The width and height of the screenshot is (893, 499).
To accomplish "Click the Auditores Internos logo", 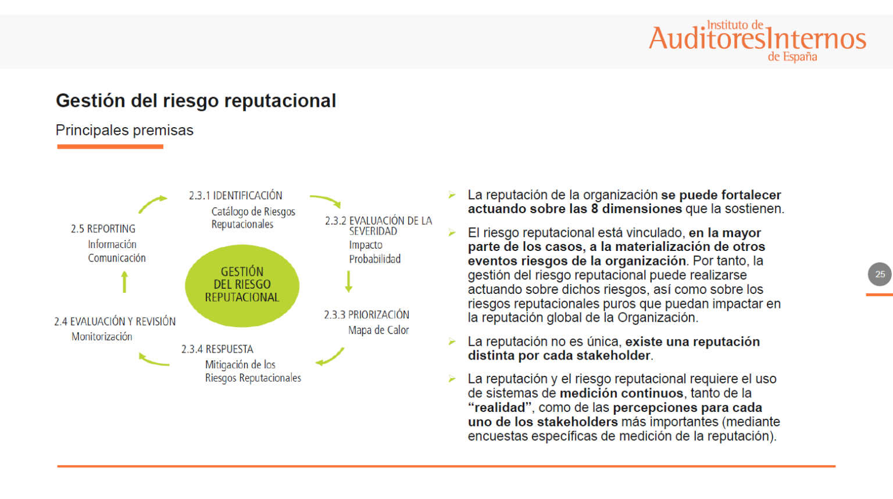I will click(x=757, y=40).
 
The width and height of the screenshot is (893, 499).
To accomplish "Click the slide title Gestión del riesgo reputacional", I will click(x=195, y=100).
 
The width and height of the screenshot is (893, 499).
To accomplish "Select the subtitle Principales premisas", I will click(x=124, y=130).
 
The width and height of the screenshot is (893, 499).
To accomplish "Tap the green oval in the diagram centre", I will click(x=242, y=285).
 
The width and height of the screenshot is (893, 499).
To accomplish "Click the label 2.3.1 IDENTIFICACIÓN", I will click(x=235, y=196).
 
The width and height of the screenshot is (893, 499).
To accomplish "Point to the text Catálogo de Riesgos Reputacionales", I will click(x=252, y=218).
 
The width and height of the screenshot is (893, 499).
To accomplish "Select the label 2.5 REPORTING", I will click(x=103, y=229).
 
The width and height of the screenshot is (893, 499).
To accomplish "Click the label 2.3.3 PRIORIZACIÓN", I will click(x=366, y=315).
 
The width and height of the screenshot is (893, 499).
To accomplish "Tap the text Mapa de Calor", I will click(x=378, y=330).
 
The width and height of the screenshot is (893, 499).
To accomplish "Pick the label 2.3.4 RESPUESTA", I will click(x=217, y=349).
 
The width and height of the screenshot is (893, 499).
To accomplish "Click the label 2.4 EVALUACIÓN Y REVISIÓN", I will click(x=115, y=321).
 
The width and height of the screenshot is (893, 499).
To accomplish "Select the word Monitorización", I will click(x=102, y=336).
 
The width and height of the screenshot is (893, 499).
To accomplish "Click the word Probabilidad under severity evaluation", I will click(x=374, y=259).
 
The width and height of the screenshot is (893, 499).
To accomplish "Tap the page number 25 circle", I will click(x=880, y=274).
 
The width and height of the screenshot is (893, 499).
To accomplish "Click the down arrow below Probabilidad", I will click(x=349, y=281).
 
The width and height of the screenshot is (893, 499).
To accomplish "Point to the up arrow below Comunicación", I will click(x=124, y=282).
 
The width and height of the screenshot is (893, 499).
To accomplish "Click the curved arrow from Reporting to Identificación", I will click(x=152, y=204).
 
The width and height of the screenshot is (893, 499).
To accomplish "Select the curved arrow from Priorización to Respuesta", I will click(x=330, y=357).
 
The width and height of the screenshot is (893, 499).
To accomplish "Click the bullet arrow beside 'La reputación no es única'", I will click(x=452, y=342).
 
